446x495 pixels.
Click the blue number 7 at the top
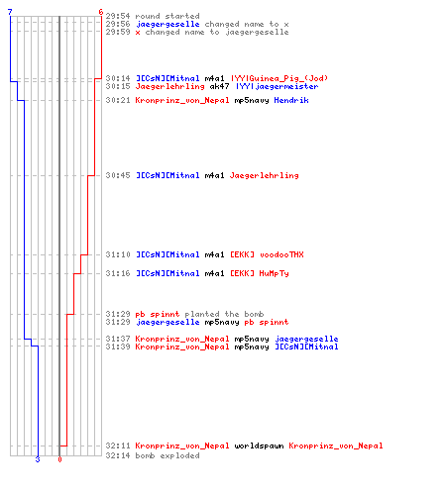(x=10, y=12)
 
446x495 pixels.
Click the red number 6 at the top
(x=101, y=12)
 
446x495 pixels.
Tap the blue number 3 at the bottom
(x=38, y=459)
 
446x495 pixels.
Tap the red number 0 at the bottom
(x=59, y=459)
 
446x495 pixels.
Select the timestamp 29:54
(x=118, y=16)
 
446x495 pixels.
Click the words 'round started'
(x=167, y=16)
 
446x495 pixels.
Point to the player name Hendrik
(x=291, y=100)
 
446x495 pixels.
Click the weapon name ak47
(x=219, y=86)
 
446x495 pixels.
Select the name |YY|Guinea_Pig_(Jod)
(x=279, y=78)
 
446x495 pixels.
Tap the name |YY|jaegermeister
(x=278, y=86)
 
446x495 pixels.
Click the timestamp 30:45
(x=118, y=175)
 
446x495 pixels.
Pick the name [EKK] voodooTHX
(x=267, y=254)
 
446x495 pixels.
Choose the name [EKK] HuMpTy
(x=260, y=273)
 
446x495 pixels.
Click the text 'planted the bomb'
(x=224, y=314)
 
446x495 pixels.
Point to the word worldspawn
(x=259, y=445)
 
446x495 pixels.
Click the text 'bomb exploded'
(x=167, y=455)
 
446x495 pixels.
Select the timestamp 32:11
(x=118, y=445)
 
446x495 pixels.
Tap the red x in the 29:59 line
(x=138, y=33)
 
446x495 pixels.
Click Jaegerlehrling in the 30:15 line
(x=169, y=86)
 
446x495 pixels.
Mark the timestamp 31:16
(x=118, y=273)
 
